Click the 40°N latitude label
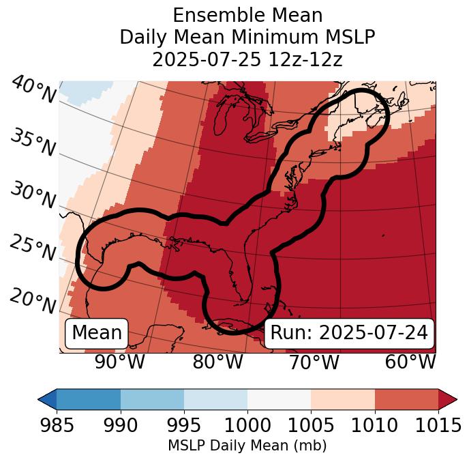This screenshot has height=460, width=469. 33,89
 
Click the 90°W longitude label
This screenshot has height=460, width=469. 120,362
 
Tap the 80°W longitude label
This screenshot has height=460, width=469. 217,362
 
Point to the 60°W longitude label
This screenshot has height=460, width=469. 410,362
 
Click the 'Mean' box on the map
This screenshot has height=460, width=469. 97,333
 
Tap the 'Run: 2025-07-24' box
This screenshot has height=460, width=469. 349,333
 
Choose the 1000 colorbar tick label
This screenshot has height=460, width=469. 247,426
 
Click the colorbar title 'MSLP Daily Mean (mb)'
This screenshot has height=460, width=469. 247,446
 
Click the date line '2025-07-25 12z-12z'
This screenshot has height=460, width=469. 247,59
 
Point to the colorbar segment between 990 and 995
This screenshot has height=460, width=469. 152,399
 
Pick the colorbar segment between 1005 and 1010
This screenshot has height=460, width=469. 343,399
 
